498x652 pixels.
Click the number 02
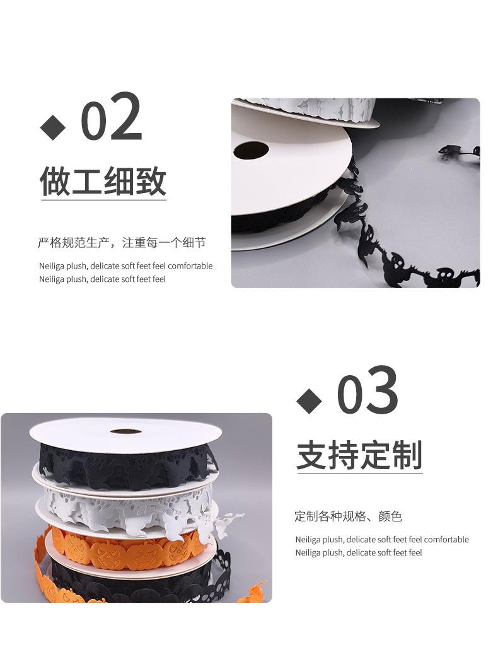pyautogui.click(x=112, y=118)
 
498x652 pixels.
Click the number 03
pyautogui.click(x=368, y=392)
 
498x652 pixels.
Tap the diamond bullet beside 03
pyautogui.click(x=309, y=401)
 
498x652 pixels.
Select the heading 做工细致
pyautogui.click(x=103, y=181)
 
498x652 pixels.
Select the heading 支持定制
pyautogui.click(x=359, y=455)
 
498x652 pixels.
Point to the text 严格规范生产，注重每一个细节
pyautogui.click(x=122, y=243)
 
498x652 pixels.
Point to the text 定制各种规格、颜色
pyautogui.click(x=348, y=516)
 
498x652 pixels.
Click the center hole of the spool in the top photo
pyautogui.click(x=250, y=151)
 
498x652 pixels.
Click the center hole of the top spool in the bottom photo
pyautogui.click(x=125, y=431)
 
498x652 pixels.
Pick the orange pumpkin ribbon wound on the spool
pyautogui.click(x=126, y=547)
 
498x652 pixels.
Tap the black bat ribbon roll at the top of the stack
pyautogui.click(x=123, y=465)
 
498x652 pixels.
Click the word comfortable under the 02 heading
pyautogui.click(x=190, y=266)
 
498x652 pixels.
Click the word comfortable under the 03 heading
pyautogui.click(x=446, y=540)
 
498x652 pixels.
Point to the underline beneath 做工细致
pyautogui.click(x=104, y=201)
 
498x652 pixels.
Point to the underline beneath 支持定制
pyautogui.click(x=359, y=474)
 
